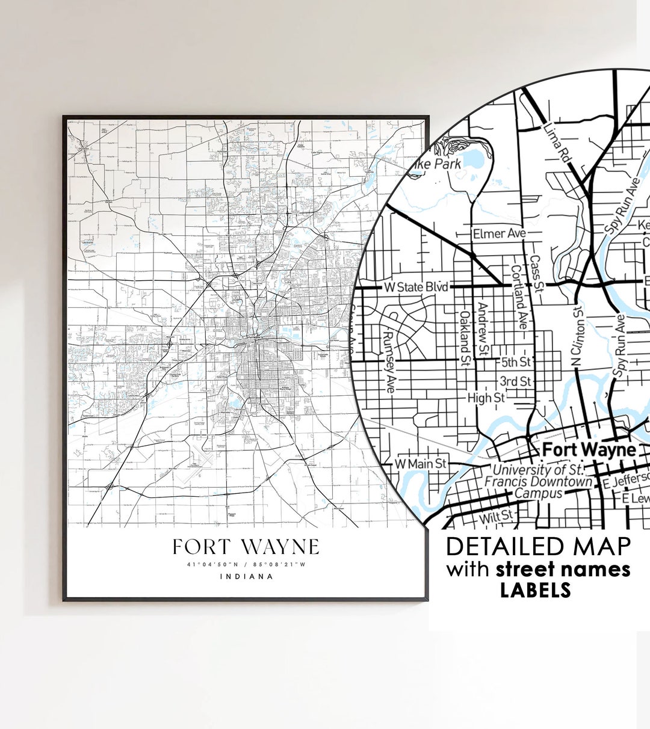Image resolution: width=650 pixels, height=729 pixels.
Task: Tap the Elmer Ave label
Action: [499, 233]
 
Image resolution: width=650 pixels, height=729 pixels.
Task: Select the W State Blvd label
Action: [416, 287]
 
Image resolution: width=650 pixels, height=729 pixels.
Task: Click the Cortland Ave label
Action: [518, 297]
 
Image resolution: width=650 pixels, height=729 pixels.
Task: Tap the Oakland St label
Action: [465, 339]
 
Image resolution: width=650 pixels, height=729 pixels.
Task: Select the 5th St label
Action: [516, 361]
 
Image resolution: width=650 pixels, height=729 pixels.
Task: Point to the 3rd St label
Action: [515, 381]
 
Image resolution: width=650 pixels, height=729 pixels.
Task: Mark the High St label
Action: [486, 398]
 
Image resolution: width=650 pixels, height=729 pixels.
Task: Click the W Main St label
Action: [421, 464]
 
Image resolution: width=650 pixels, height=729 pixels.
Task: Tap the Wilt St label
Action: [496, 516]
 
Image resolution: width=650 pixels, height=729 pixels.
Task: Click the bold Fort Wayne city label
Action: [580, 449]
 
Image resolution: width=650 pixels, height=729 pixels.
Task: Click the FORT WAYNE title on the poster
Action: [246, 547]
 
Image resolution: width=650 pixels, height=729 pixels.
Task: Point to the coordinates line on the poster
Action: [246, 564]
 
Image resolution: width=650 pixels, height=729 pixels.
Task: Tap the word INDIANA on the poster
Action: [246, 576]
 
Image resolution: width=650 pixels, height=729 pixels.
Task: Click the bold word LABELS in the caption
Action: [535, 590]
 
